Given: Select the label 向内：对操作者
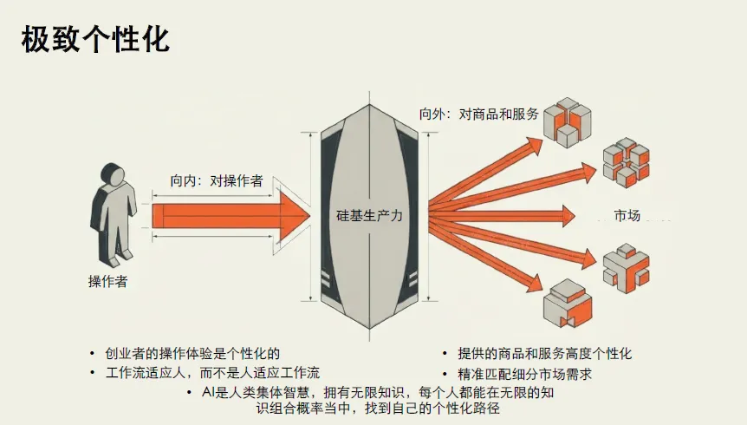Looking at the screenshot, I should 217,182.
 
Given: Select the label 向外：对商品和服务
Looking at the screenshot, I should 478,114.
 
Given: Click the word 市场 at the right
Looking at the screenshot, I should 627,215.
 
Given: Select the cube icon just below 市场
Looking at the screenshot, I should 625,266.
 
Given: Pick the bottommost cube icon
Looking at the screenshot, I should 567,305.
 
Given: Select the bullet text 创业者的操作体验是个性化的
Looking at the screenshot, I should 193,353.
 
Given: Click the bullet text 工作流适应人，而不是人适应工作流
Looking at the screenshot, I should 212,373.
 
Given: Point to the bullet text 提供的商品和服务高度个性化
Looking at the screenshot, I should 545,354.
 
